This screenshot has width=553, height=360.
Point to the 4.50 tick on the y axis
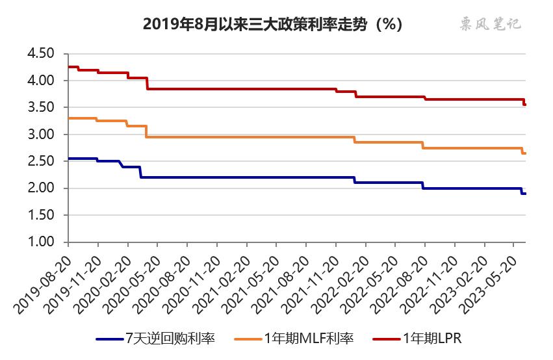[x=42, y=53]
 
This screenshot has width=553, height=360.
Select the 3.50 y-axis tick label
[x=42, y=107]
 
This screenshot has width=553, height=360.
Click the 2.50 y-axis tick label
[x=42, y=161]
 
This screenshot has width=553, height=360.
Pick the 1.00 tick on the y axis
[x=42, y=242]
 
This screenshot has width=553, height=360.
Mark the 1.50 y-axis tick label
[x=42, y=215]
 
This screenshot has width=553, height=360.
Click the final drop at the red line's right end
[x=524, y=102]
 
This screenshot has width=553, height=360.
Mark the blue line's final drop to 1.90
[x=522, y=191]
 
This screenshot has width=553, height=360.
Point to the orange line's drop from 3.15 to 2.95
[x=146, y=131]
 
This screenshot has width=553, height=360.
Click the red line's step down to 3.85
[x=148, y=83]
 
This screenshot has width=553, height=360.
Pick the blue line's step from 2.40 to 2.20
[x=140, y=172]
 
